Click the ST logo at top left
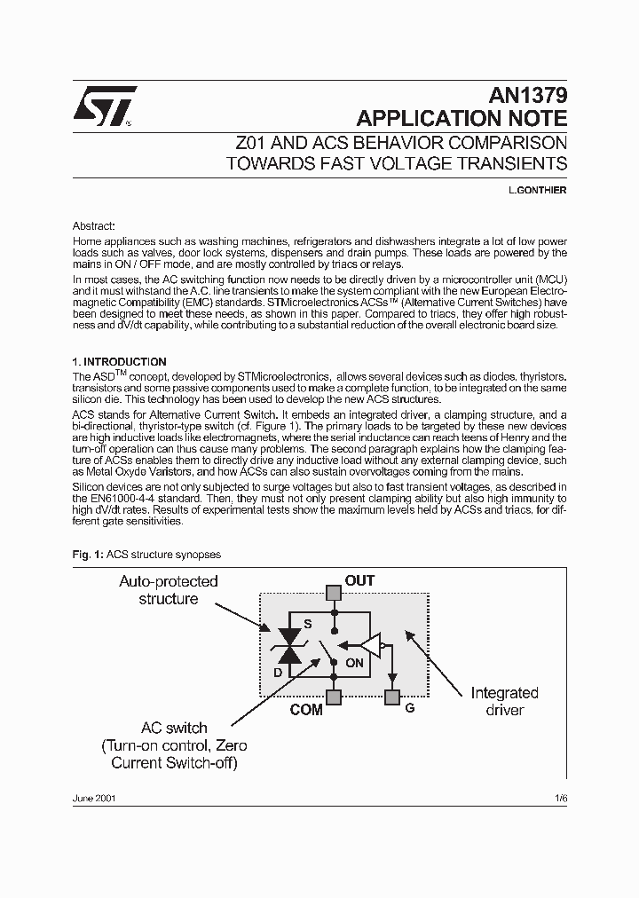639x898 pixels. (x=104, y=105)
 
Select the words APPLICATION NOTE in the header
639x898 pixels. (x=461, y=119)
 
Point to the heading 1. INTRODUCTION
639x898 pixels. (x=119, y=362)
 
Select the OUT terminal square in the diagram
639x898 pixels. (x=333, y=592)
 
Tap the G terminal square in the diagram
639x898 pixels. (x=391, y=697)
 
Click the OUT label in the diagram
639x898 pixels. (x=359, y=581)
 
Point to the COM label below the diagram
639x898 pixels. (x=306, y=710)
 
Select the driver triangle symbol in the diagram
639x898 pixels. (x=371, y=645)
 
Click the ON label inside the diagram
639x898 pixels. (x=353, y=662)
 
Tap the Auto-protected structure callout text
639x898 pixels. (x=169, y=590)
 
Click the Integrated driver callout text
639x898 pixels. (x=504, y=701)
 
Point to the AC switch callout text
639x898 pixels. (x=174, y=745)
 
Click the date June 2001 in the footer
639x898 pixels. (x=93, y=798)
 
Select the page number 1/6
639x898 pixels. (x=559, y=798)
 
